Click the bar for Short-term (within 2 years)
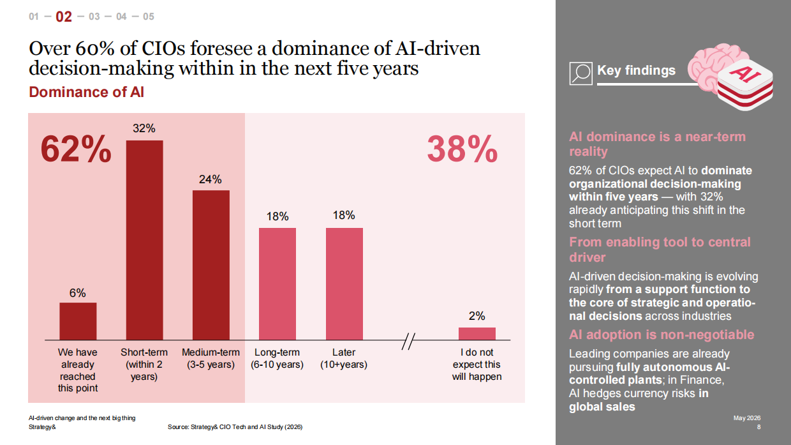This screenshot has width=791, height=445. click(144, 240)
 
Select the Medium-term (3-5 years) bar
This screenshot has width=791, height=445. click(211, 265)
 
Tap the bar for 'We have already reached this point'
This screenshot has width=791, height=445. click(78, 321)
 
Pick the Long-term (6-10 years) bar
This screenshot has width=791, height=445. click(277, 284)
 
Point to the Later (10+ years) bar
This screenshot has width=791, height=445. click(344, 284)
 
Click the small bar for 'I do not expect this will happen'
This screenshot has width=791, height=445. click(477, 334)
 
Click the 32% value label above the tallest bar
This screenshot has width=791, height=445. click(144, 128)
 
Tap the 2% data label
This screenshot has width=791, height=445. click(477, 315)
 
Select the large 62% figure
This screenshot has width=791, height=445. click(76, 149)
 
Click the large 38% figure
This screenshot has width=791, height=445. click(462, 149)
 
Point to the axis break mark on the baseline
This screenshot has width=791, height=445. click(408, 341)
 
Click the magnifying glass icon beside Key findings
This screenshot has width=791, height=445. click(581, 73)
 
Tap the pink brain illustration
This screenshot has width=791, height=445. click(717, 69)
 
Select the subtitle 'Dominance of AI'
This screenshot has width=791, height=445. click(87, 92)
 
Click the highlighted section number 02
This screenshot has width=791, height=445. click(64, 17)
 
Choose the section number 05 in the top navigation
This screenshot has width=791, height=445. click(149, 17)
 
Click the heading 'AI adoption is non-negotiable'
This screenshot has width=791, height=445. click(662, 335)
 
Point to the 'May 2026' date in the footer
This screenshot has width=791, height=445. click(747, 418)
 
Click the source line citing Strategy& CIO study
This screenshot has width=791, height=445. click(235, 427)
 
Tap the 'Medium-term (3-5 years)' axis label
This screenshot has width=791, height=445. click(211, 358)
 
